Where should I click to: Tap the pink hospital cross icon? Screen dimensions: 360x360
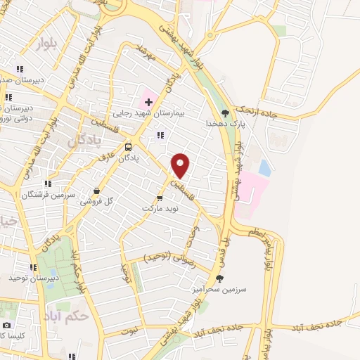[x=148, y=103]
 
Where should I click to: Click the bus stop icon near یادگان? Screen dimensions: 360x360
[x=128, y=147]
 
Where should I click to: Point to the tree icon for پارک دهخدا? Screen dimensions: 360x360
[x=225, y=112]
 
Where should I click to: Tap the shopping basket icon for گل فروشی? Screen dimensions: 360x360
[x=96, y=191]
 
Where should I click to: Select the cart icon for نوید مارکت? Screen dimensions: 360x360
[x=160, y=198]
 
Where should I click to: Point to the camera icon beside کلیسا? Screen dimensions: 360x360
[x=7, y=326]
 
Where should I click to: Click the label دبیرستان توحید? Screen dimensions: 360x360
[x=32, y=278]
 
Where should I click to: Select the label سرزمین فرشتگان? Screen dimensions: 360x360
[x=44, y=193]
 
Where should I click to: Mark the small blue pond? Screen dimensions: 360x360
[x=264, y=167]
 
